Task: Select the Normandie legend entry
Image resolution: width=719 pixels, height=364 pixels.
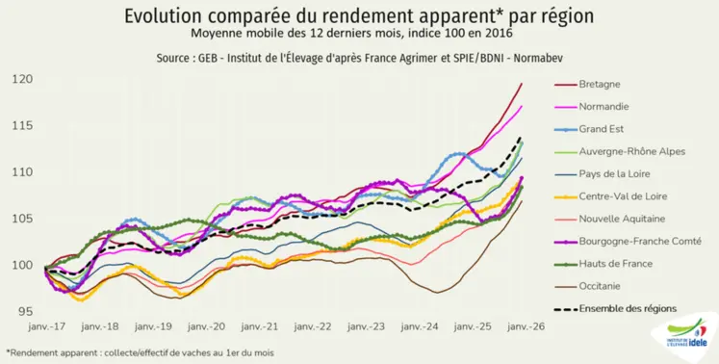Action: point(603,107)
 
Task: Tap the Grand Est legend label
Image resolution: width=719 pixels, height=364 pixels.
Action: point(602,129)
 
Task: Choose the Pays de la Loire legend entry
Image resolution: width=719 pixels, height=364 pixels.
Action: point(614,174)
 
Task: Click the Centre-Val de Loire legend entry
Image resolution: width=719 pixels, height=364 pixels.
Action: point(622,196)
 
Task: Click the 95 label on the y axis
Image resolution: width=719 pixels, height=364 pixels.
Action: point(21,311)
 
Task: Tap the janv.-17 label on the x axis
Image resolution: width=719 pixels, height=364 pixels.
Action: point(45,327)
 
